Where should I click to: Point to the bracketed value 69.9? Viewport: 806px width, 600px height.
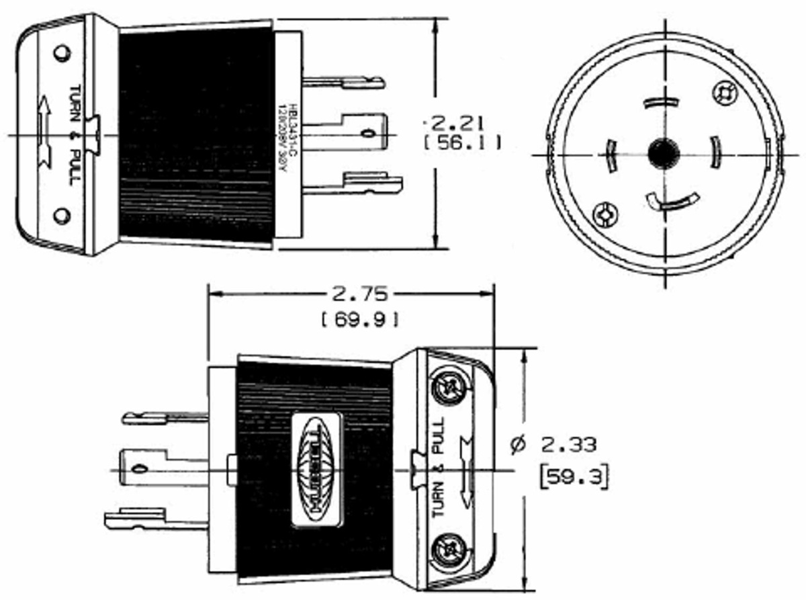click(x=361, y=320)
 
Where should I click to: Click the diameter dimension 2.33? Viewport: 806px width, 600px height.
click(x=553, y=444)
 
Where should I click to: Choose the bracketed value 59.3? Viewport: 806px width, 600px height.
click(x=574, y=476)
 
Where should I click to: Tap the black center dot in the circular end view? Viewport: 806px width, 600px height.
click(x=664, y=153)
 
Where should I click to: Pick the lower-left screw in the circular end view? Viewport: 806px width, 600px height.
click(x=605, y=216)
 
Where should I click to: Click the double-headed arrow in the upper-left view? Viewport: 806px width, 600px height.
click(x=44, y=131)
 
